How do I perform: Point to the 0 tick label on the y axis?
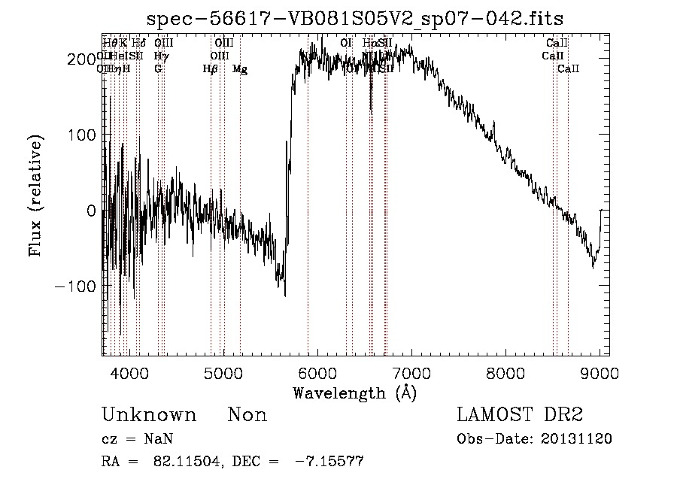point(91,211)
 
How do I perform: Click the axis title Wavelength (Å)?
point(354,393)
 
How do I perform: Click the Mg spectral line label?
point(239,69)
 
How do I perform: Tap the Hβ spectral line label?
point(210,69)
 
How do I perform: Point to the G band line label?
point(158,69)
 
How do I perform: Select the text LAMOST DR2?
point(520,415)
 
